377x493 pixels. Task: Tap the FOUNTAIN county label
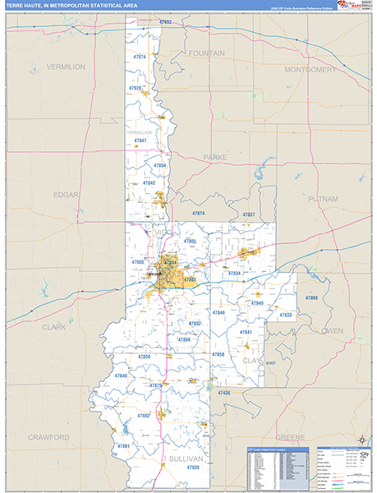(207, 53)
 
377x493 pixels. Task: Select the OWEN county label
(333, 330)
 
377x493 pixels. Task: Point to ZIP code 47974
(139, 57)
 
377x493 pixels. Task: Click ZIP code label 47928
(135, 88)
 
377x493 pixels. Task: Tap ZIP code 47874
(198, 213)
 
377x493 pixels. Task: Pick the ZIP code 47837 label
(248, 214)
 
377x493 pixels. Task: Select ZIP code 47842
(149, 183)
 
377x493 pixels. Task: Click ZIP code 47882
(144, 416)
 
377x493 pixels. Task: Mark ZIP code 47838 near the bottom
(193, 467)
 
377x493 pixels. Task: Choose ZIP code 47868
(311, 297)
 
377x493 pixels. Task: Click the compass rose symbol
(360, 439)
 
